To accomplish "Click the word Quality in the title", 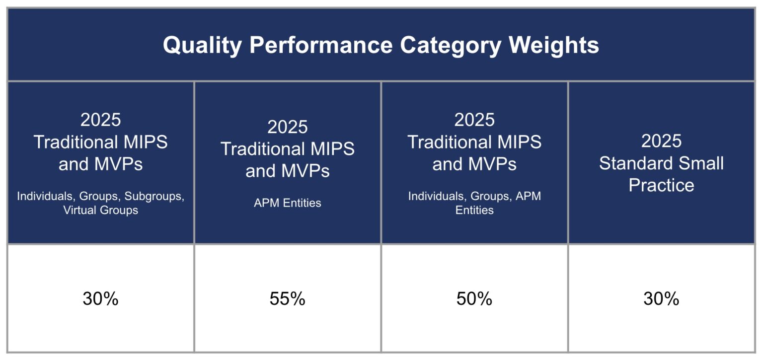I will click(202, 45).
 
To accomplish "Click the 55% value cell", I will click(287, 299).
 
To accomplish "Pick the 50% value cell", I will click(474, 299).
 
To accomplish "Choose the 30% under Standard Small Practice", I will click(661, 299).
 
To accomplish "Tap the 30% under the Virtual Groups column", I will click(100, 299).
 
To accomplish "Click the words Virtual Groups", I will click(100, 210).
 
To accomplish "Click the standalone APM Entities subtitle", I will click(287, 203).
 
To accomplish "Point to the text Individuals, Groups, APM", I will click(474, 196).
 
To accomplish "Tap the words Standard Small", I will click(661, 163).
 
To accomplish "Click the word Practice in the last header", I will click(661, 185).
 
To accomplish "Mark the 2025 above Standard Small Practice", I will click(661, 141).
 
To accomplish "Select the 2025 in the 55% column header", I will click(287, 127).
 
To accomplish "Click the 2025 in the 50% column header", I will click(474, 120).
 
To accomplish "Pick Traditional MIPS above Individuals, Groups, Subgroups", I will click(100, 142).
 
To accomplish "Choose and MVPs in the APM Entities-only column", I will click(287, 171).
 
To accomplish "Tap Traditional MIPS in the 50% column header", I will click(474, 142).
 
